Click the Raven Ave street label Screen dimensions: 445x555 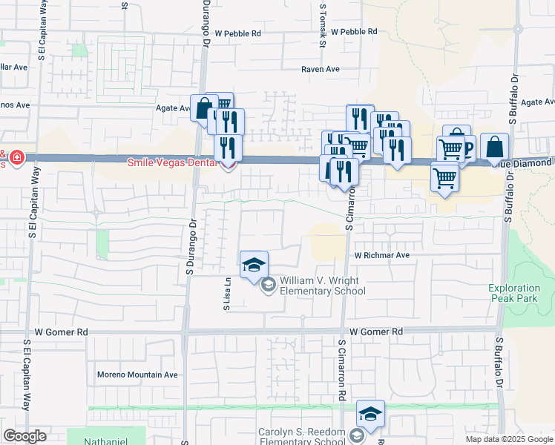point(320,69)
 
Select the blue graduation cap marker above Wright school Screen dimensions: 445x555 point(254,265)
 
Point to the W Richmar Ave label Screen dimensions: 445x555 point(381,255)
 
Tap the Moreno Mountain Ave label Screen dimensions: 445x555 point(137,375)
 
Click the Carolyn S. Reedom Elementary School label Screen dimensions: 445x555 point(302,438)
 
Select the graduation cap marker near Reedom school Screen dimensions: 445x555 point(370,413)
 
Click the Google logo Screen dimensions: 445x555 point(24,436)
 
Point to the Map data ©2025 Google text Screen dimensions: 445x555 point(508,439)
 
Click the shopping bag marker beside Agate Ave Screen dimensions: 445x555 point(203,109)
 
